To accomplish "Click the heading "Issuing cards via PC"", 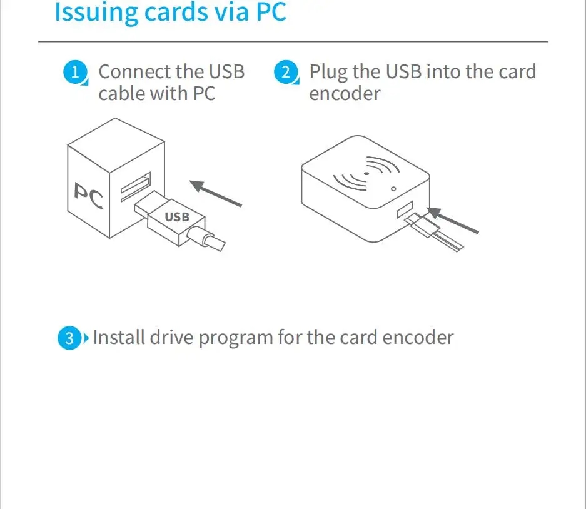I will [170, 13].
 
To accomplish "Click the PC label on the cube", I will [88, 196].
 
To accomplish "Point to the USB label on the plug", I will [176, 217].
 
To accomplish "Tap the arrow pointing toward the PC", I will [216, 193].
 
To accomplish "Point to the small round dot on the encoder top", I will [393, 189].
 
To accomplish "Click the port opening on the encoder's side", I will [404, 209].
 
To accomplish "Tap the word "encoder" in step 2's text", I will [345, 94].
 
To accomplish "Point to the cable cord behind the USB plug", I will [210, 240].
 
